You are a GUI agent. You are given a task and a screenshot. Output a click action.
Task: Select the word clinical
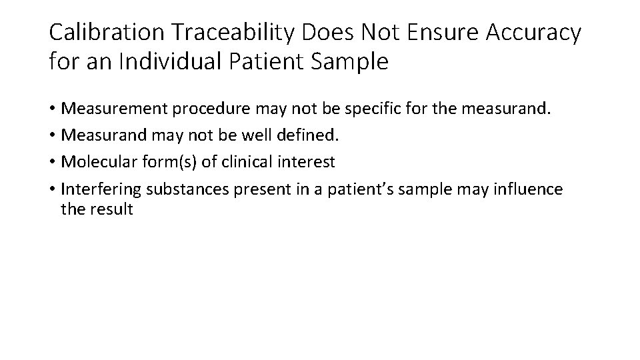(250, 161)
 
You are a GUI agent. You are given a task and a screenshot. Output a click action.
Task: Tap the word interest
(309, 161)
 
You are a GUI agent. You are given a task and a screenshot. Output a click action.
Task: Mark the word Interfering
(100, 190)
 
